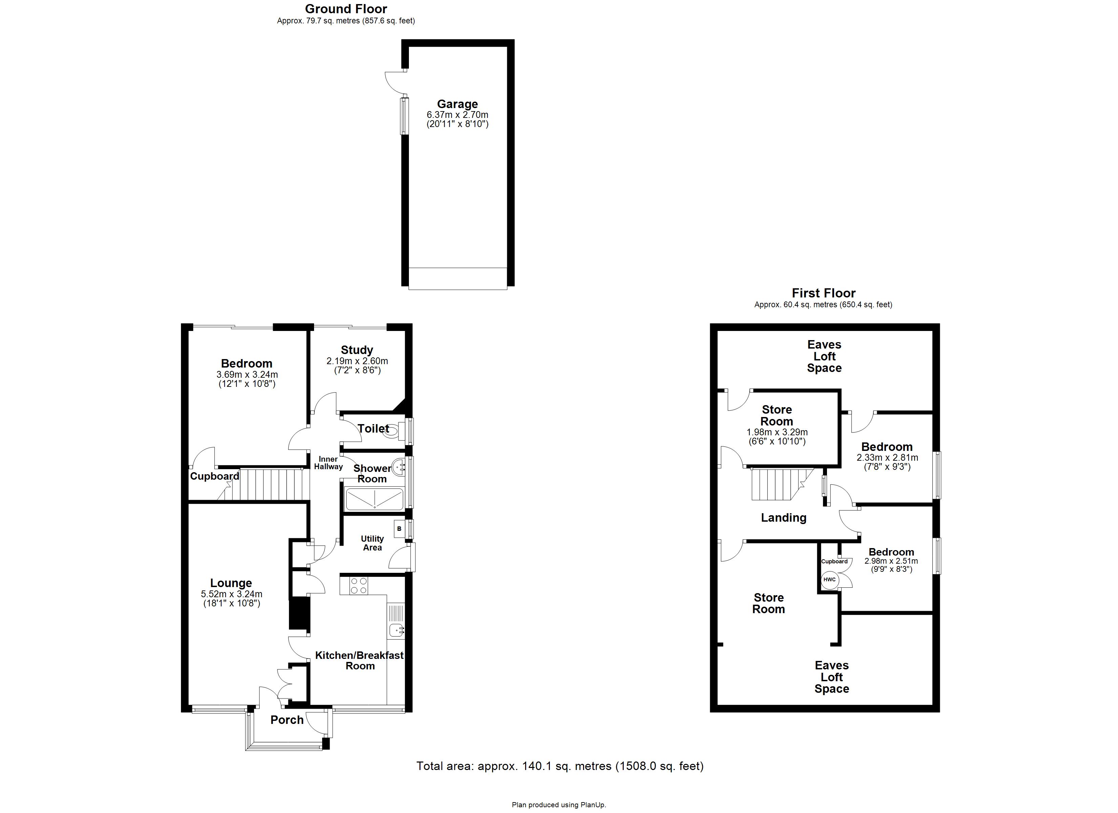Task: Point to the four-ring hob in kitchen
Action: click(358, 586)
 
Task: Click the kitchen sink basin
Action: click(396, 630)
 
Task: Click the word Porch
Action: click(287, 720)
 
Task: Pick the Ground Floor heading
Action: click(346, 9)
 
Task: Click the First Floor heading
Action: click(823, 293)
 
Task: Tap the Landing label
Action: click(783, 518)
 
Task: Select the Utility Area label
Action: click(372, 543)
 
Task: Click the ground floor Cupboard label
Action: click(214, 476)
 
